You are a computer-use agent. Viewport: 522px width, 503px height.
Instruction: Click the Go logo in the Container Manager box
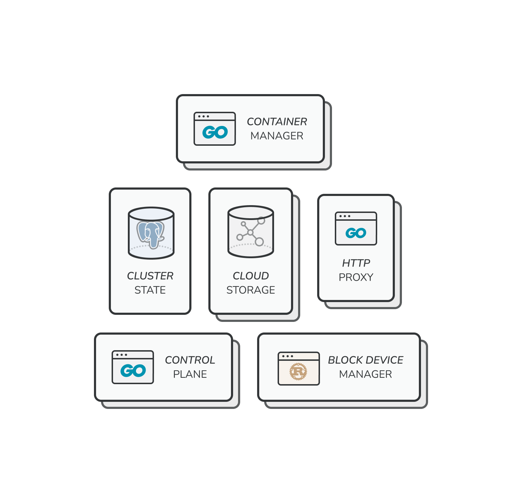click(x=215, y=133)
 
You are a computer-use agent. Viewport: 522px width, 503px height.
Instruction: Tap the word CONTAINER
click(x=277, y=122)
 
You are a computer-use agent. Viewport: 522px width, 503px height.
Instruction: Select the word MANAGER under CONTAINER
click(x=277, y=136)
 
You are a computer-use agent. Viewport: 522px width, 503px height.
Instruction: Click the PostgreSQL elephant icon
click(x=151, y=233)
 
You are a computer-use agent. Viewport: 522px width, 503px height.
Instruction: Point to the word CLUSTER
click(x=150, y=276)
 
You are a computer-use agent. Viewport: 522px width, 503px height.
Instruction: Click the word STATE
click(x=150, y=290)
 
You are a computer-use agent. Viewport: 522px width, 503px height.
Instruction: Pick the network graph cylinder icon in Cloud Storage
click(x=251, y=232)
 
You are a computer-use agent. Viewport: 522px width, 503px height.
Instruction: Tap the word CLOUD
click(x=251, y=276)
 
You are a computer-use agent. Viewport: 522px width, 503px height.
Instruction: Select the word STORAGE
click(x=251, y=290)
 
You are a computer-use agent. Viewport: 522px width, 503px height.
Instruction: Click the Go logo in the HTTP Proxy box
click(x=356, y=233)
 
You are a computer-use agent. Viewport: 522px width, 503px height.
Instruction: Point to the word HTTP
click(x=356, y=263)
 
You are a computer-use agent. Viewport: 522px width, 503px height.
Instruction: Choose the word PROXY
click(x=356, y=277)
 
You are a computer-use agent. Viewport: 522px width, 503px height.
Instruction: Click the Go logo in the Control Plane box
click(x=133, y=371)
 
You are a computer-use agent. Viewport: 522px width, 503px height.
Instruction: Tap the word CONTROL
click(x=190, y=360)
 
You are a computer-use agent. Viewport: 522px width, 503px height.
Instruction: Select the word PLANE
click(x=190, y=374)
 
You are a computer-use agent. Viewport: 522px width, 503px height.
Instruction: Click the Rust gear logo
click(x=298, y=371)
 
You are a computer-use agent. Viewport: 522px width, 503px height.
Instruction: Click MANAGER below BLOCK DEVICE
click(x=366, y=374)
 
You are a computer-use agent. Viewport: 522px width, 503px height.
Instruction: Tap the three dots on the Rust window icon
click(x=287, y=356)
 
